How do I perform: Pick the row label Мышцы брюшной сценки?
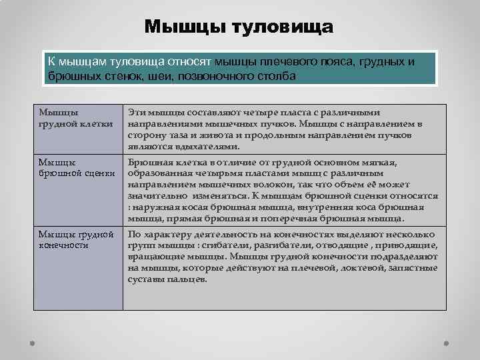click(76, 168)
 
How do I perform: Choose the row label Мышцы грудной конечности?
click(76, 239)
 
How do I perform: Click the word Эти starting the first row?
click(136, 113)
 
